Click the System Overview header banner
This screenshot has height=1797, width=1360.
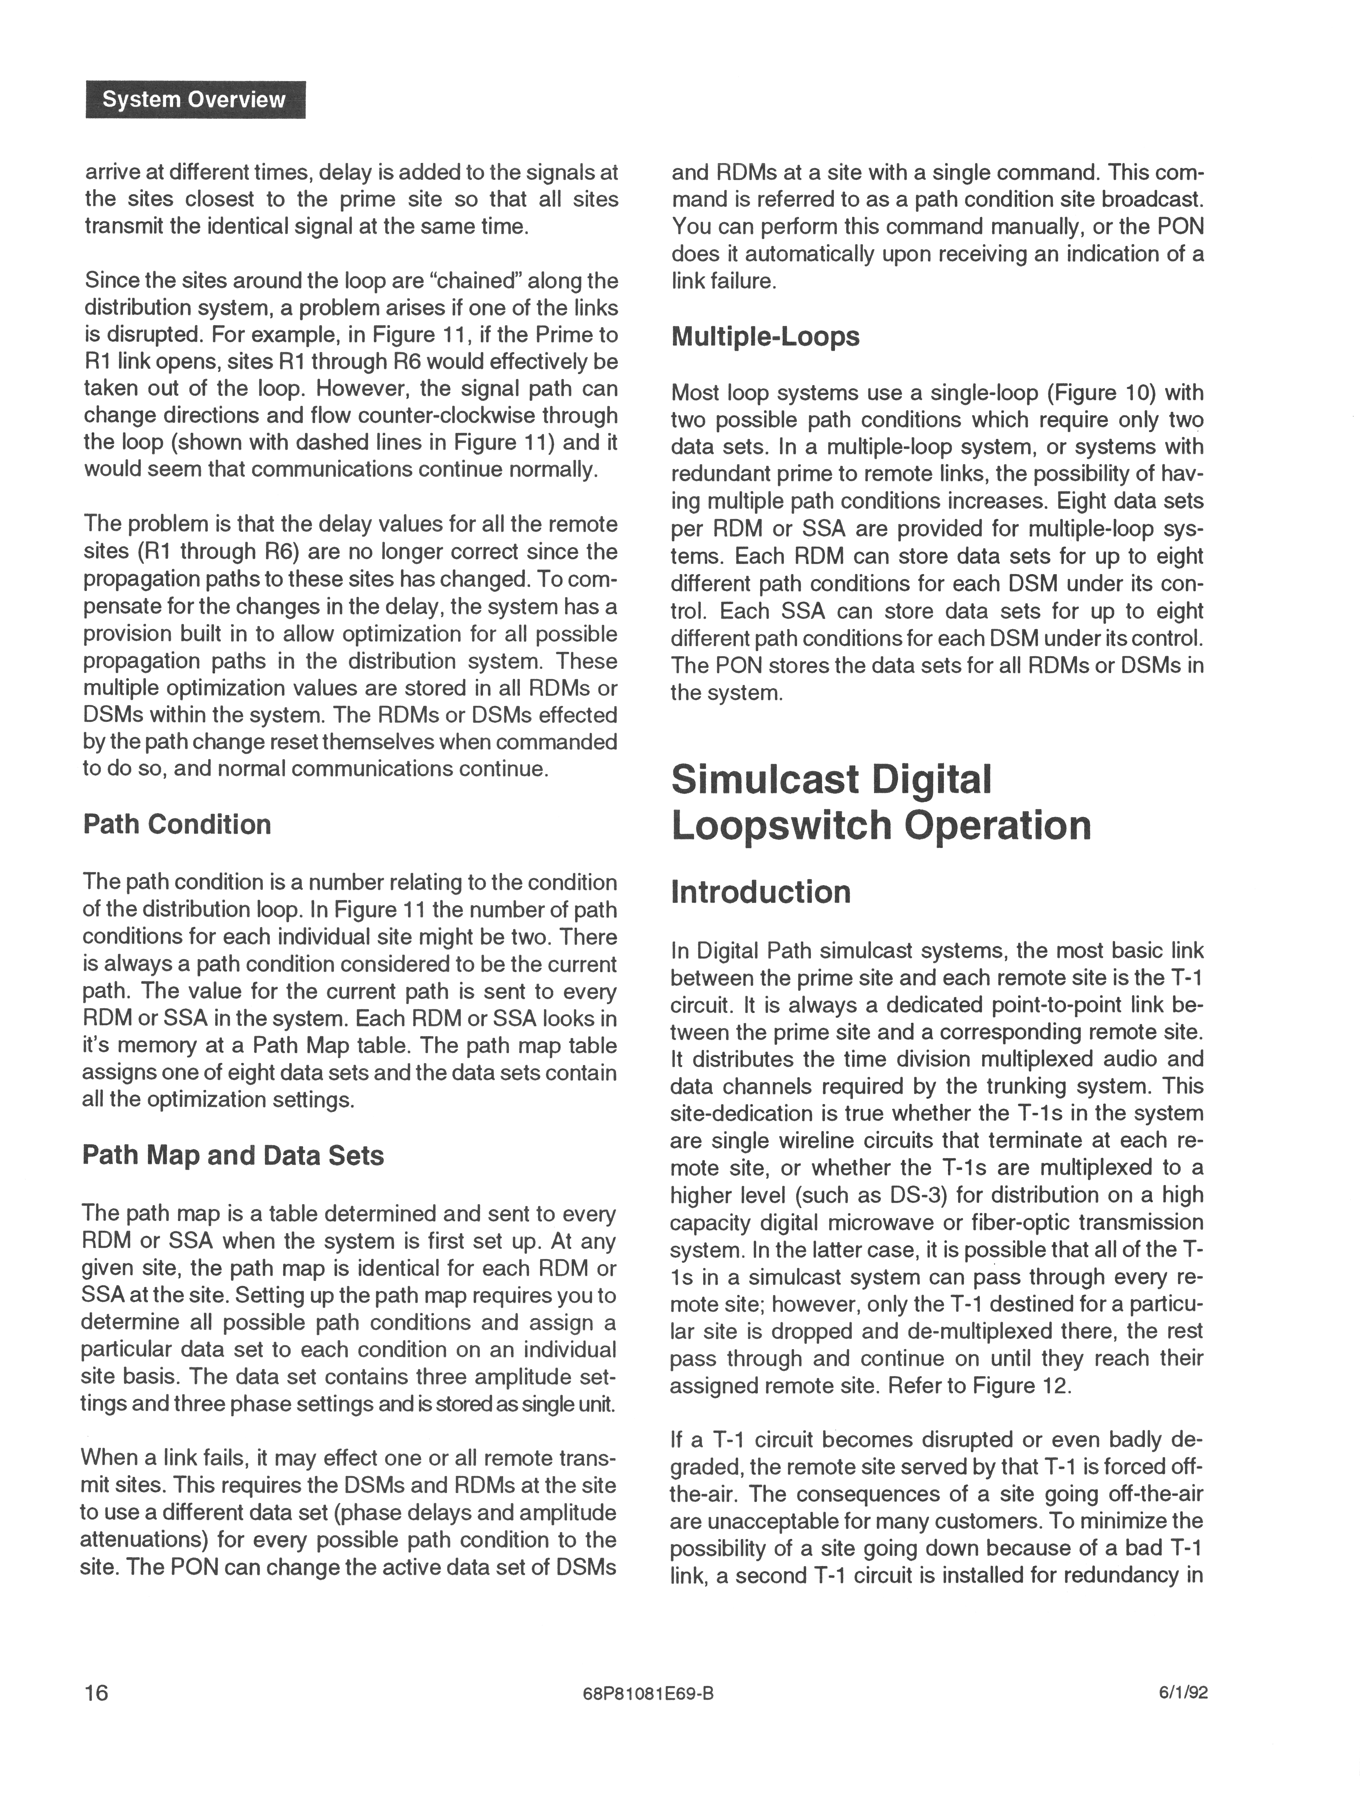(195, 100)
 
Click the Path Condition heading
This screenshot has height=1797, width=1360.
(177, 825)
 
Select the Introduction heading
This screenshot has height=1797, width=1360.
(760, 892)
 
